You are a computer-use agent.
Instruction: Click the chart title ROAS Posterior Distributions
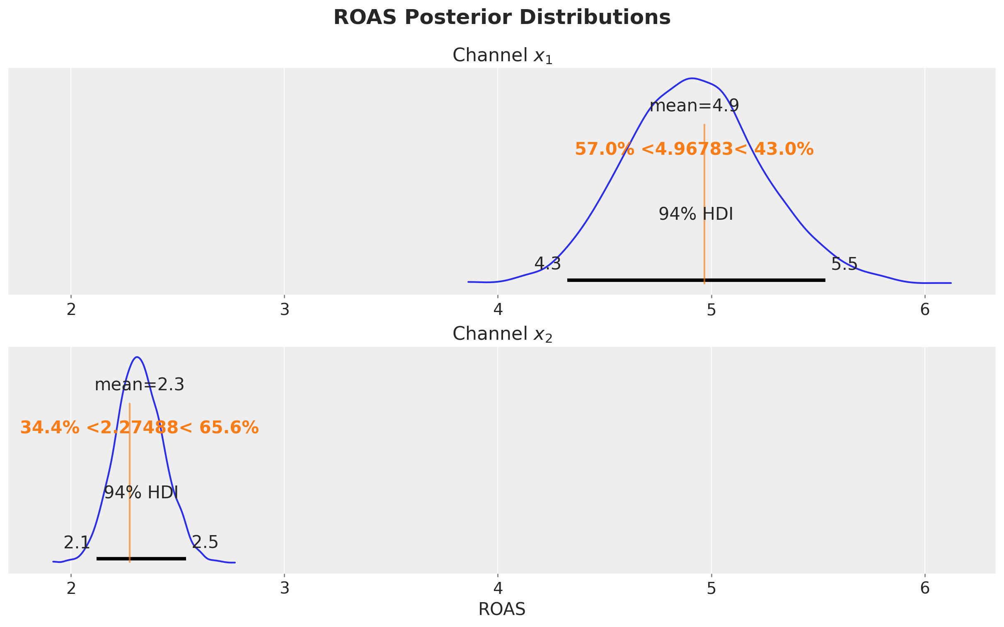click(502, 18)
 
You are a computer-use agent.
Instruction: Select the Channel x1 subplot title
click(502, 55)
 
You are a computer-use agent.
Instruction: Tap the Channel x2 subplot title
click(502, 334)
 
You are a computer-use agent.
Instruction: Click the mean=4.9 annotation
click(694, 106)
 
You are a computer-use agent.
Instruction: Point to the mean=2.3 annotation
click(140, 385)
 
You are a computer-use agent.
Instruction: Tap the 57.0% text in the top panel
click(604, 149)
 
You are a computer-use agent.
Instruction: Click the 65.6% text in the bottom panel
click(229, 428)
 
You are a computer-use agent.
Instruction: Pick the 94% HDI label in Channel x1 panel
click(696, 214)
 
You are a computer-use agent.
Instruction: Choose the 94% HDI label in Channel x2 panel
click(141, 492)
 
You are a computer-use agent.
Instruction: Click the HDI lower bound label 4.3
click(547, 264)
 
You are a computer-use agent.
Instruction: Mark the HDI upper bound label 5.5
click(844, 264)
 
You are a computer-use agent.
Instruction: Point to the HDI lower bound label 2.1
click(76, 543)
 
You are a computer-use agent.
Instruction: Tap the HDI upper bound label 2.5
click(205, 543)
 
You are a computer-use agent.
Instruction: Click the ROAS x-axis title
click(502, 609)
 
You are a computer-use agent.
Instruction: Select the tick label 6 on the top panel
click(925, 310)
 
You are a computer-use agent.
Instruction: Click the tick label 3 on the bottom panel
click(284, 589)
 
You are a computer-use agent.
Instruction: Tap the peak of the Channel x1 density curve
click(692, 78)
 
